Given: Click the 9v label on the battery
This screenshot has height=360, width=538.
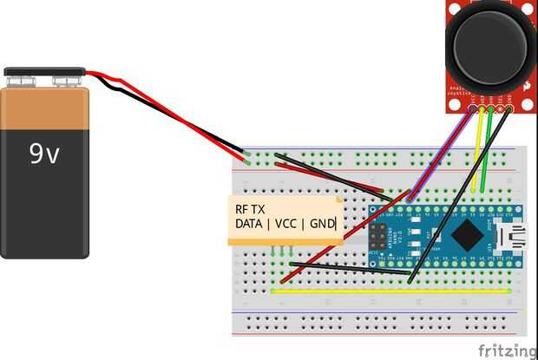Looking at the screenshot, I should coord(45,154).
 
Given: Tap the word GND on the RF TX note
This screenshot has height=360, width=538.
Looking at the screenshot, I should coord(322,225).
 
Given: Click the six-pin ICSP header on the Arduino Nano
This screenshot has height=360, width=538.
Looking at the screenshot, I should coord(378,235).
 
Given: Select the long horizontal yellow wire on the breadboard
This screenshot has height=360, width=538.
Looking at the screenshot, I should coord(390,291).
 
